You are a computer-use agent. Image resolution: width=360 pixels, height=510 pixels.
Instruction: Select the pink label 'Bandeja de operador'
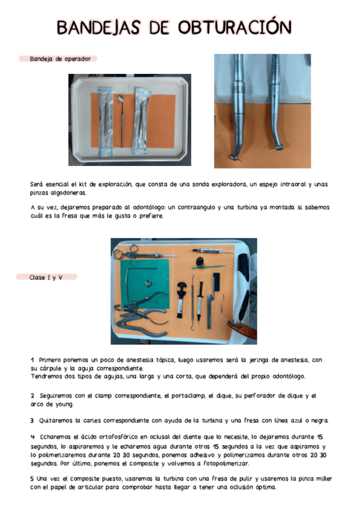(x=59, y=59)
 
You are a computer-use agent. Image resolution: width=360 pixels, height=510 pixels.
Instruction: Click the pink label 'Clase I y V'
(x=47, y=277)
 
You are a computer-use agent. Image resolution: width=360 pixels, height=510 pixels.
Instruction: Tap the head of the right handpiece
(x=278, y=146)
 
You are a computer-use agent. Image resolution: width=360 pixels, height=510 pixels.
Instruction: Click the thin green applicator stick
(x=208, y=267)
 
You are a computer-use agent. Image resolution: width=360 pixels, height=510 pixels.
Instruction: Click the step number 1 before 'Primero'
(x=32, y=360)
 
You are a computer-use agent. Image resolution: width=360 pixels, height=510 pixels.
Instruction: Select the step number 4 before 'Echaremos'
(x=32, y=435)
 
